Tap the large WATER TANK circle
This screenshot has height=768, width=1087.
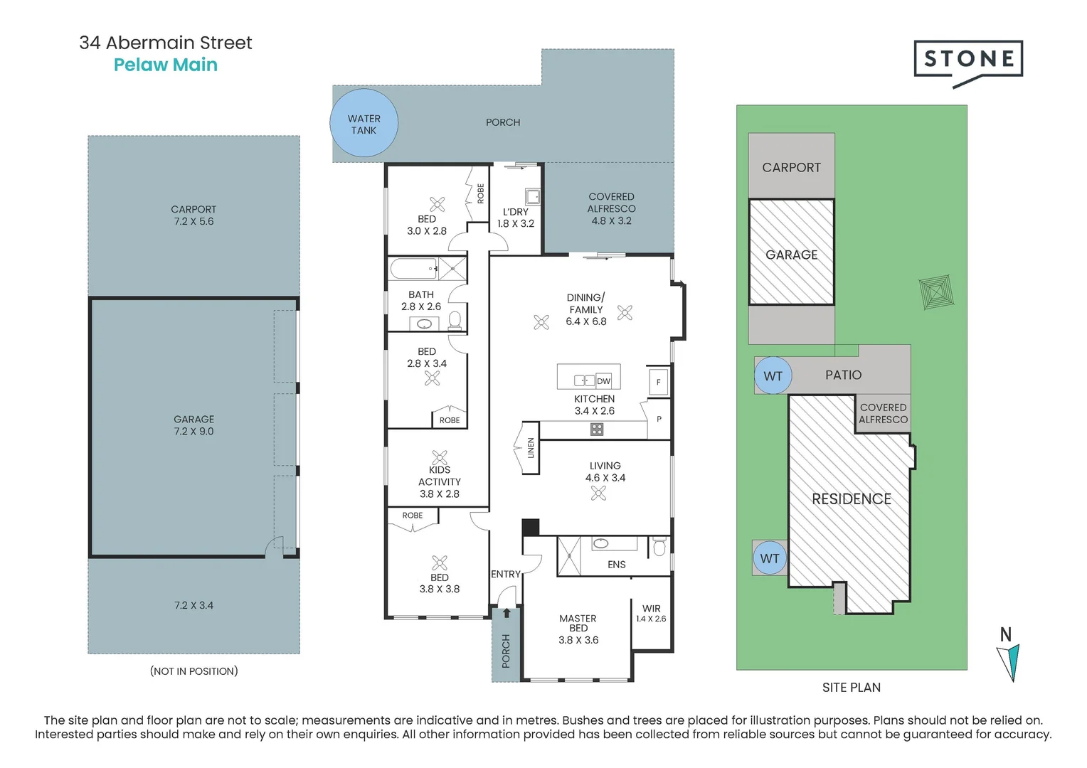(364, 123)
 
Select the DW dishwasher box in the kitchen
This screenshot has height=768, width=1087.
(603, 381)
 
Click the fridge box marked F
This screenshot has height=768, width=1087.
(659, 382)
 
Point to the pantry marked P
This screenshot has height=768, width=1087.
(659, 419)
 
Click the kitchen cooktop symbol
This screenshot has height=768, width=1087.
(597, 429)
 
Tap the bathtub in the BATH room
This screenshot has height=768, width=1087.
(413, 269)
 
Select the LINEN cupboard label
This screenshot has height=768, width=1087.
(531, 448)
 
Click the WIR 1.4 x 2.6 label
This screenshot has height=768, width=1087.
(651, 613)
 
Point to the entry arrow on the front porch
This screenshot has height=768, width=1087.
(506, 613)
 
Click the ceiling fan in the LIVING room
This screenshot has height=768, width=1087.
(598, 494)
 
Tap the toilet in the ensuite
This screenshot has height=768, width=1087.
(659, 546)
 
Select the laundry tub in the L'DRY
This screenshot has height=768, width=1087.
(532, 196)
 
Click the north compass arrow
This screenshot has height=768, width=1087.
(1009, 662)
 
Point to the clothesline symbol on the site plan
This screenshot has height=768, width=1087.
(937, 292)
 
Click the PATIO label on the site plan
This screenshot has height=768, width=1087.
(844, 375)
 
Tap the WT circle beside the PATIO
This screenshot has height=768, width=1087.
(773, 375)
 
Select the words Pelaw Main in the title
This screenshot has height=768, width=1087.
(166, 65)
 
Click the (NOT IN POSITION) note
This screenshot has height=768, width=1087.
(193, 671)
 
